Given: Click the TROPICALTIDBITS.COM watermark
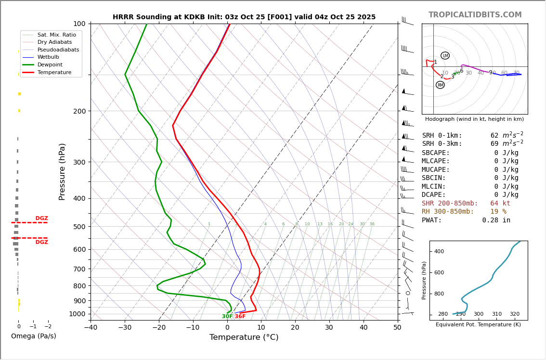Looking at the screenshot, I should tap(475, 15).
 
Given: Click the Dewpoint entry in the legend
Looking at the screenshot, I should tap(50, 65).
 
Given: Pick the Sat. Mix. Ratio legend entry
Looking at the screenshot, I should tap(56, 35).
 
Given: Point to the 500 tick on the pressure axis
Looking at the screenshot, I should tap(79, 227).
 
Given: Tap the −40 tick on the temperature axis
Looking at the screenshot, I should tap(91, 328).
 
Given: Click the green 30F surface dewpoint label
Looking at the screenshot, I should tap(227, 317).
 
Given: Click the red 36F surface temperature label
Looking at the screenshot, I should tap(240, 317).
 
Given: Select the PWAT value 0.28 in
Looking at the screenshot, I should tap(496, 220).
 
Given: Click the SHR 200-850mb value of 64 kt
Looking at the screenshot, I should tap(500, 204).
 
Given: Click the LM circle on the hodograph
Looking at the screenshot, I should tap(445, 56).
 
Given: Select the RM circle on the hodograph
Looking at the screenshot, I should tap(440, 85).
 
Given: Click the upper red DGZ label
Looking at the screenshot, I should tap(42, 219).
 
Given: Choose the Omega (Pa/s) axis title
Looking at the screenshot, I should tap(34, 336).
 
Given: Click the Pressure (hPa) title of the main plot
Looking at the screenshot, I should tap(63, 171).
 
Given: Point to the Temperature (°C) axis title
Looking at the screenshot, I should tap(244, 338).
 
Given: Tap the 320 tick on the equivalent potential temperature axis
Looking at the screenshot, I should tap(515, 314).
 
